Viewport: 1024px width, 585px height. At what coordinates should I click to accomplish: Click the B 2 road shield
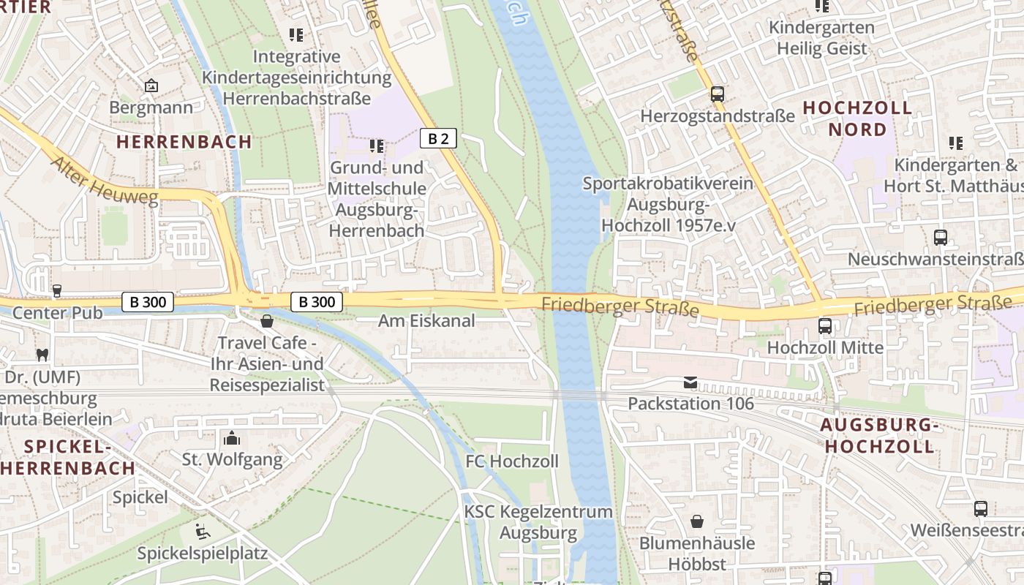click(438, 138)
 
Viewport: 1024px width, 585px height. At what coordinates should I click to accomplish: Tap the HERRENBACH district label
click(184, 142)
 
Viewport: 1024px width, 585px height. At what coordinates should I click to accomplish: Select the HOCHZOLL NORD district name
click(857, 118)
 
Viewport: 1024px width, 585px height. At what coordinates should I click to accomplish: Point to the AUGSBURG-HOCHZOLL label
click(877, 436)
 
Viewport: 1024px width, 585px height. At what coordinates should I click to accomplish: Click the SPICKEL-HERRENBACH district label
click(67, 457)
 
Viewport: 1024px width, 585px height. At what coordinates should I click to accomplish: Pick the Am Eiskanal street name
click(426, 320)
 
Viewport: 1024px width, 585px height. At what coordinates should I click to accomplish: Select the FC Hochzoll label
click(512, 461)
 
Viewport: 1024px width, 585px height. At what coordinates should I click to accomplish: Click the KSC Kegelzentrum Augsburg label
click(538, 522)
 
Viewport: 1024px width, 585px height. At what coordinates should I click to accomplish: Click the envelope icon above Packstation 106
click(690, 382)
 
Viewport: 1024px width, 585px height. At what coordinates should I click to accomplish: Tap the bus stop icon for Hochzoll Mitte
click(824, 326)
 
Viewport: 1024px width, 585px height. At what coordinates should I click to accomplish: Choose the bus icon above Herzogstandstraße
click(717, 94)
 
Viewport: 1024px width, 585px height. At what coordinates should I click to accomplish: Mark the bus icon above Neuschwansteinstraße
click(940, 238)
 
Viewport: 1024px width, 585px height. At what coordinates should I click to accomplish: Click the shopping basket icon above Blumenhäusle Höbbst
click(697, 522)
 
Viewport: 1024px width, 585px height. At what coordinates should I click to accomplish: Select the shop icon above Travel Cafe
click(267, 321)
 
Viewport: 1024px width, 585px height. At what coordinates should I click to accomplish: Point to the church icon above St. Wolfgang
click(232, 439)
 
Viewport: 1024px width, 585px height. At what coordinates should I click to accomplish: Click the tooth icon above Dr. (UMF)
click(42, 355)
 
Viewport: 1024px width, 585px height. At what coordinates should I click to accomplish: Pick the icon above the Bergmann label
click(151, 86)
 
